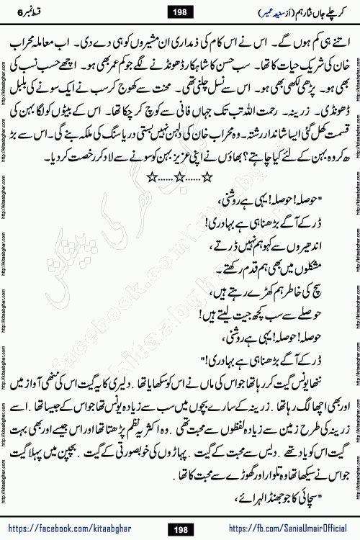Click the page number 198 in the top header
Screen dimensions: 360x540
pos(180,10)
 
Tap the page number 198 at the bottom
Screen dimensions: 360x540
pos(180,526)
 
